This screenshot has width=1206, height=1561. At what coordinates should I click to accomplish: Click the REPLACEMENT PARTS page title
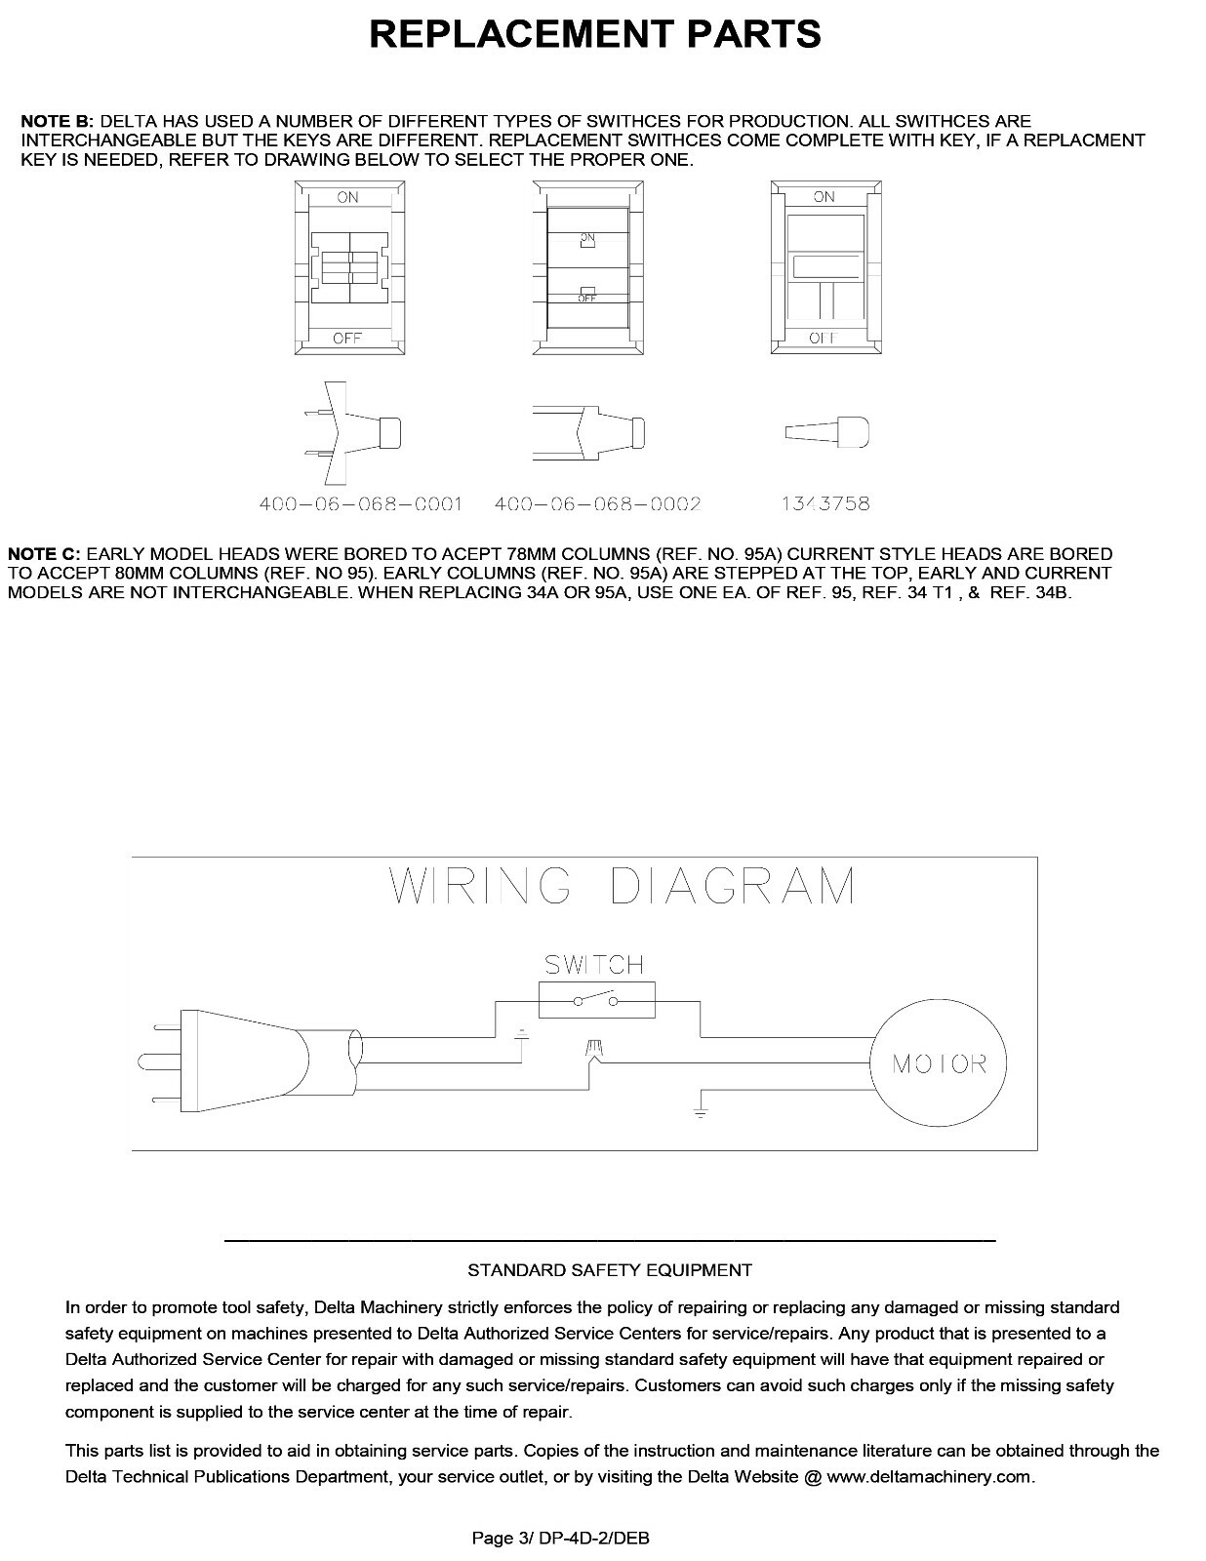[594, 35]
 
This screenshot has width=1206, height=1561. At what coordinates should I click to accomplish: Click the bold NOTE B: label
[58, 122]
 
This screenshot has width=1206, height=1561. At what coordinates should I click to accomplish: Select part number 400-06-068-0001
[360, 504]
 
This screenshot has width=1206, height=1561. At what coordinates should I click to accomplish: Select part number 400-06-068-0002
[597, 504]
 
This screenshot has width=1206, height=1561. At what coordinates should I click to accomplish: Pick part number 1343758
[825, 504]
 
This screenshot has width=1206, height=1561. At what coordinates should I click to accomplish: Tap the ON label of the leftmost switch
[347, 197]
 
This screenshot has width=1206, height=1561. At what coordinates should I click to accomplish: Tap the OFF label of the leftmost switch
[347, 338]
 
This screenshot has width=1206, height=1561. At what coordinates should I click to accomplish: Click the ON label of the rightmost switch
[824, 197]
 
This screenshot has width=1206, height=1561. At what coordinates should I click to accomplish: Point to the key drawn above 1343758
[826, 432]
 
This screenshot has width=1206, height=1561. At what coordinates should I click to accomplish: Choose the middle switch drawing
[586, 267]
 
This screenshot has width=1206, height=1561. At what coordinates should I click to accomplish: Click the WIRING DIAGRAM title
[623, 886]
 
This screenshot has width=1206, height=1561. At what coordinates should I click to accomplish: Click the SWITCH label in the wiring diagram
[593, 965]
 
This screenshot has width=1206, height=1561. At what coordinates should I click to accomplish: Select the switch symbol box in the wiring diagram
[596, 1000]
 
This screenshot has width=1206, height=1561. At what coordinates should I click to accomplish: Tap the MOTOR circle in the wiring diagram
[939, 1063]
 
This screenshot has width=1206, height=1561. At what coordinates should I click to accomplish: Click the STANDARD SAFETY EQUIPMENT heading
[610, 1270]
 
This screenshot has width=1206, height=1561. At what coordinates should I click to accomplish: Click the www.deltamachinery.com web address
[929, 1476]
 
